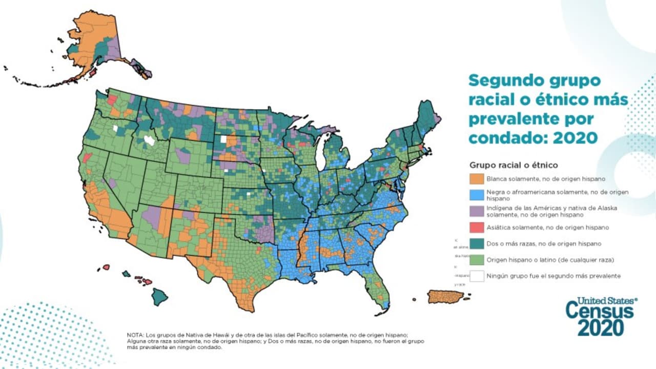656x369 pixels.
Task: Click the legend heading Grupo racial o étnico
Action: [x=514, y=165]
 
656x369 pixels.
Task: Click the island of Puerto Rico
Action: [x=445, y=297]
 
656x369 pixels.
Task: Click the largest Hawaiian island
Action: [x=160, y=297]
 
